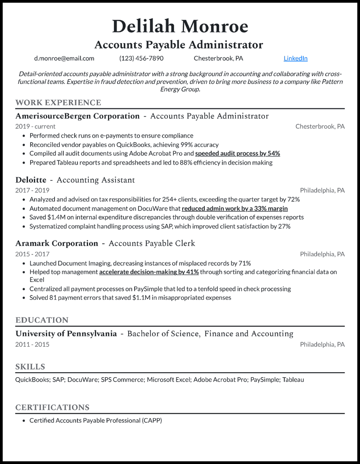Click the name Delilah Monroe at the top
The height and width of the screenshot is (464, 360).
tap(180, 27)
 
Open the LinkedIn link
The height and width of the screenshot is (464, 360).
tap(296, 58)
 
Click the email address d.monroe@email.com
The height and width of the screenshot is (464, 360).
tap(64, 58)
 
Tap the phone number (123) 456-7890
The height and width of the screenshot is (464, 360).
tap(141, 58)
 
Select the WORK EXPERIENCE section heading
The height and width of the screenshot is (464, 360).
tap(58, 103)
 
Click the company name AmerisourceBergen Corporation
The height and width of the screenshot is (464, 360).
tap(77, 116)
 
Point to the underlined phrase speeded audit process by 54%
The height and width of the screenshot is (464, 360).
tap(238, 153)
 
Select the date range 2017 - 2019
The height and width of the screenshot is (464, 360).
tap(32, 190)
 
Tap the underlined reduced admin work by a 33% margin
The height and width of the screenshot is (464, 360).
tap(234, 208)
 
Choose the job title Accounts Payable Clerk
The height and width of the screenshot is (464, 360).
tap(152, 243)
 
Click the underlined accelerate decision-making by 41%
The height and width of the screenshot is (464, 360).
tap(149, 272)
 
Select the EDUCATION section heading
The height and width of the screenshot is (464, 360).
tap(42, 320)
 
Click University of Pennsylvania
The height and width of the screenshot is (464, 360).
tap(66, 334)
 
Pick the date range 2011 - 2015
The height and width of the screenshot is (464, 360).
tap(32, 344)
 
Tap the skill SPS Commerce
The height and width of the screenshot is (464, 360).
tap(122, 379)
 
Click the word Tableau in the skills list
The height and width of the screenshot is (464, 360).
tap(293, 379)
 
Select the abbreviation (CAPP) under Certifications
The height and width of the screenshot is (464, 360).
tap(152, 420)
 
